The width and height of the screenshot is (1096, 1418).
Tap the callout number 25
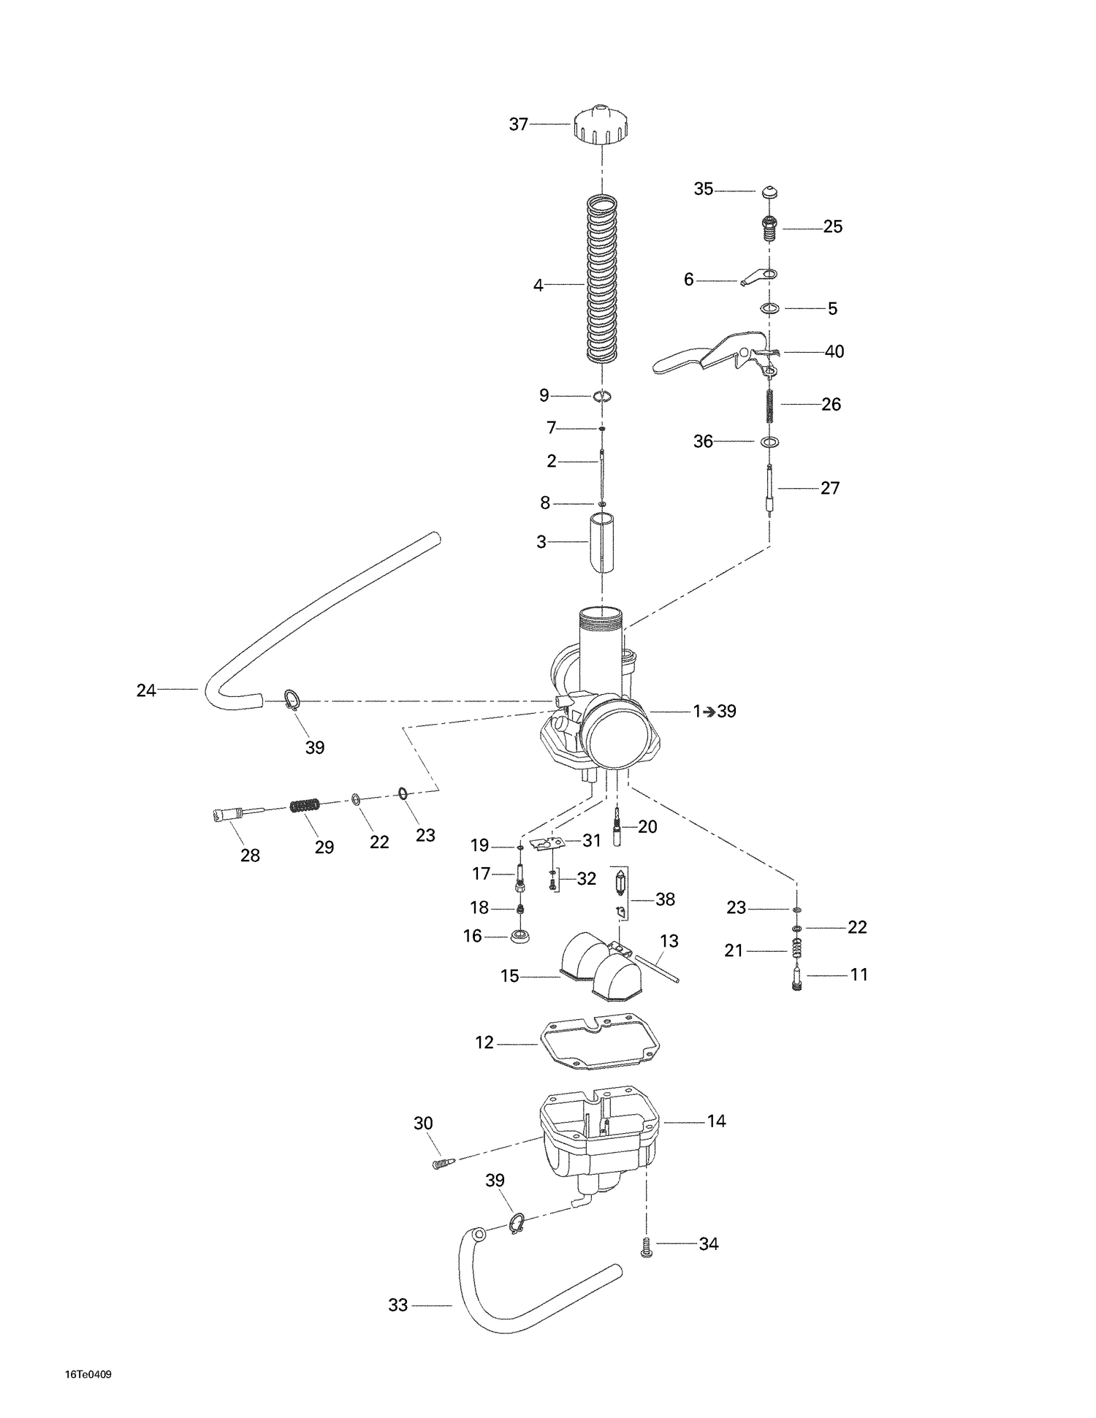pos(832,227)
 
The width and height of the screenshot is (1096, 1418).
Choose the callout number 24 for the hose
pos(146,690)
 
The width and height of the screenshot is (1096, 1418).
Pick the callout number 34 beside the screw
pos(708,1243)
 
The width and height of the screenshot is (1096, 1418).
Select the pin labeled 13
pos(657,967)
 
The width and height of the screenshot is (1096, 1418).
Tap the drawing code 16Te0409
pos(88,1374)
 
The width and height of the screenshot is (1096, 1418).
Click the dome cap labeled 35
pos(767,192)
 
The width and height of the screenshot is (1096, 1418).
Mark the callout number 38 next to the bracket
pos(665,899)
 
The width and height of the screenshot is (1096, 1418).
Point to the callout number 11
pos(859,975)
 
